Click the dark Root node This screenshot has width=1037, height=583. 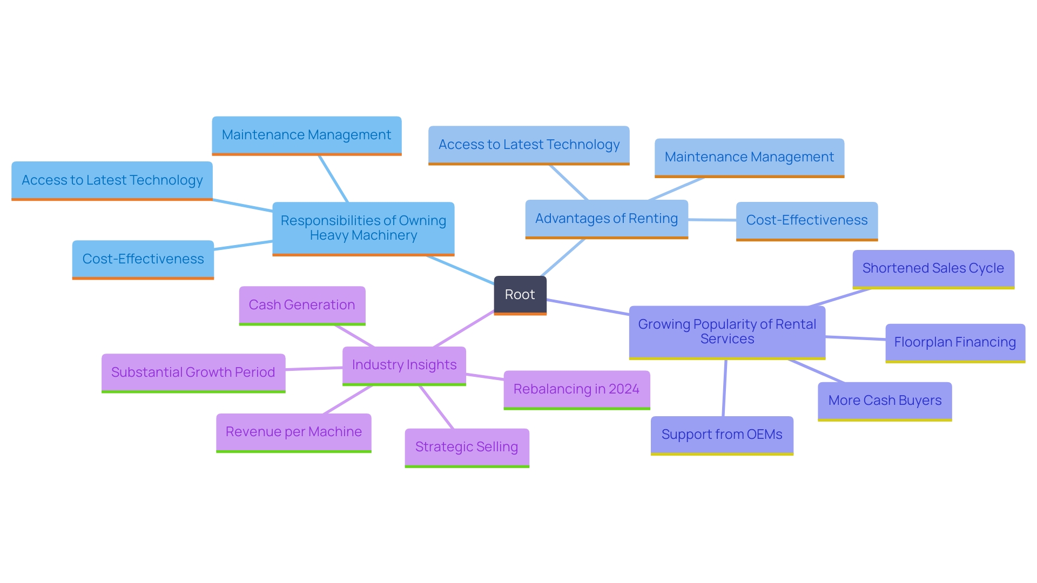520,295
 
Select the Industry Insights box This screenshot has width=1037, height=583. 404,365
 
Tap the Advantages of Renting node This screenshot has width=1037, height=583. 606,219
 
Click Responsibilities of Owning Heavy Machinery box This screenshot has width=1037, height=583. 363,228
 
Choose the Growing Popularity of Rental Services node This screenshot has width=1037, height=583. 726,331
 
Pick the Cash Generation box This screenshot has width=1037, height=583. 302,305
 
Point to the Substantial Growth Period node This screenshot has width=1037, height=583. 193,372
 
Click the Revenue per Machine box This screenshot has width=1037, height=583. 293,432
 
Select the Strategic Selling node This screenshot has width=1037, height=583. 467,447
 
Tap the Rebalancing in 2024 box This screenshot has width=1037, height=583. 576,389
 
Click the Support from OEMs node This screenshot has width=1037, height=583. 722,435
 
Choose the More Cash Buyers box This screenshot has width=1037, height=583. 884,401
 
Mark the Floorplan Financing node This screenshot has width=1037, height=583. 954,342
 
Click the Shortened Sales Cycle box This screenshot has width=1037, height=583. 933,268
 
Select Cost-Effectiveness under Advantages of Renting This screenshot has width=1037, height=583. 806,220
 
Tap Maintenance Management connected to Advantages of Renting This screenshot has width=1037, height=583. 749,157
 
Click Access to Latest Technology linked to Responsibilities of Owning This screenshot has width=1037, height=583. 112,180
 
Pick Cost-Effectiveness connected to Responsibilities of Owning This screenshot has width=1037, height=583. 143,259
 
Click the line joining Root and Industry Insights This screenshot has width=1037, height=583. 463,329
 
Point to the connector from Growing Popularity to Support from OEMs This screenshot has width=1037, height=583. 724,388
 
